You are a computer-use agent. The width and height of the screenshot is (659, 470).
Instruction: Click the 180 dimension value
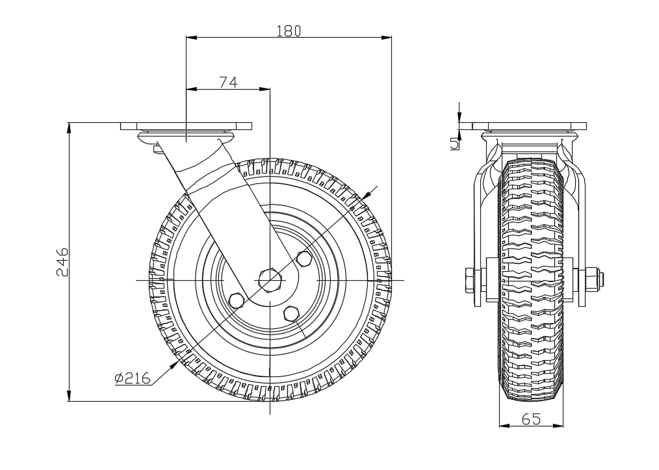coord(289,31)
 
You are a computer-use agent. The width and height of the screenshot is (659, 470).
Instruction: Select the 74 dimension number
coord(227,82)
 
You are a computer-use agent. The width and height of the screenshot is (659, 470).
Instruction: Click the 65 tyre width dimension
coord(531,419)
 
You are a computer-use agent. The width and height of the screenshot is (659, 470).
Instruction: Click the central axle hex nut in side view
coord(269,280)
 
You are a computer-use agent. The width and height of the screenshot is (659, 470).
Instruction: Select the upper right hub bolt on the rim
coord(303,258)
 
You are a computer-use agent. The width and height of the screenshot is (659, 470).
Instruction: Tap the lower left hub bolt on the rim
coord(237,301)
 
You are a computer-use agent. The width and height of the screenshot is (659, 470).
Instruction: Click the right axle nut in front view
coord(591,281)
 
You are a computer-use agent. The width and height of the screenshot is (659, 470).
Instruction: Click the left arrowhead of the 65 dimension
coord(503,426)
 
